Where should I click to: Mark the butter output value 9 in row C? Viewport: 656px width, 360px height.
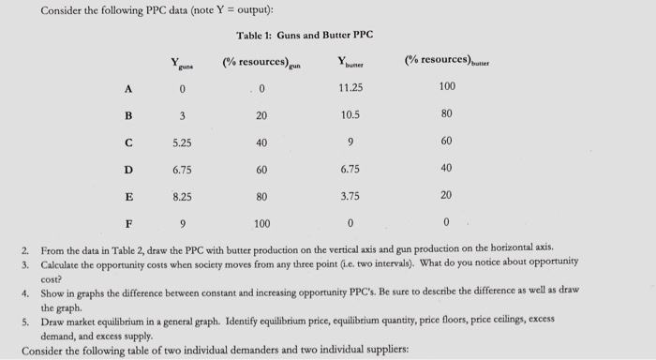[x=350, y=143]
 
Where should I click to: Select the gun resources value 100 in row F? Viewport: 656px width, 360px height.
[x=261, y=225]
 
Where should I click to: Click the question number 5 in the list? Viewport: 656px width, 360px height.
[x=29, y=321]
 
